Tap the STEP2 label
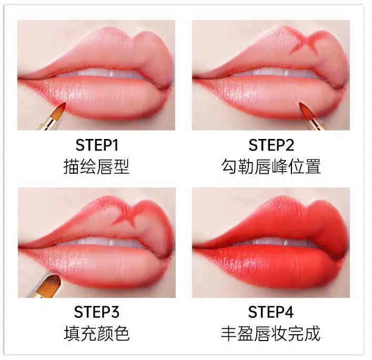tap(270, 145)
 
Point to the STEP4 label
tap(270, 312)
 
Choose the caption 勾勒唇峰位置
tap(270, 167)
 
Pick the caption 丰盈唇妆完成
tap(270, 334)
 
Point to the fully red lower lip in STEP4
tap(268, 266)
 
